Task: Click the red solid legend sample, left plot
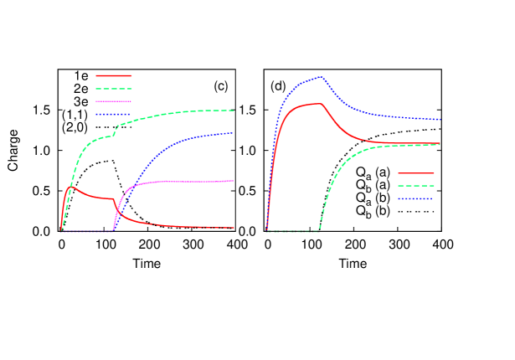click(114, 75)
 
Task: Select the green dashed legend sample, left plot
click(114, 88)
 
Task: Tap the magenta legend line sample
click(114, 100)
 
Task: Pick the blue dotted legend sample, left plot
click(114, 114)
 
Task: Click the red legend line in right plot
click(415, 173)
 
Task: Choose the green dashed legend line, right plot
click(415, 186)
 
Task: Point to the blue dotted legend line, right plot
click(415, 198)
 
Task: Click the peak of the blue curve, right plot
click(322, 77)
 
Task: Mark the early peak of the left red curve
click(70, 187)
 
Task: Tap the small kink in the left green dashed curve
click(115, 134)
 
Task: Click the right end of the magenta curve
click(233, 181)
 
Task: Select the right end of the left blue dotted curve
click(233, 133)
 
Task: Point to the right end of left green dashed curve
click(234, 111)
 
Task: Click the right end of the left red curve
click(234, 228)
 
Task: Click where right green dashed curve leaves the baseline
click(319, 230)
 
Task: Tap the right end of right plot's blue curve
click(440, 120)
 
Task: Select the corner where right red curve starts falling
click(322, 105)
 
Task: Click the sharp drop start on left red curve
click(113, 199)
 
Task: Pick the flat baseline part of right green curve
click(293, 231)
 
